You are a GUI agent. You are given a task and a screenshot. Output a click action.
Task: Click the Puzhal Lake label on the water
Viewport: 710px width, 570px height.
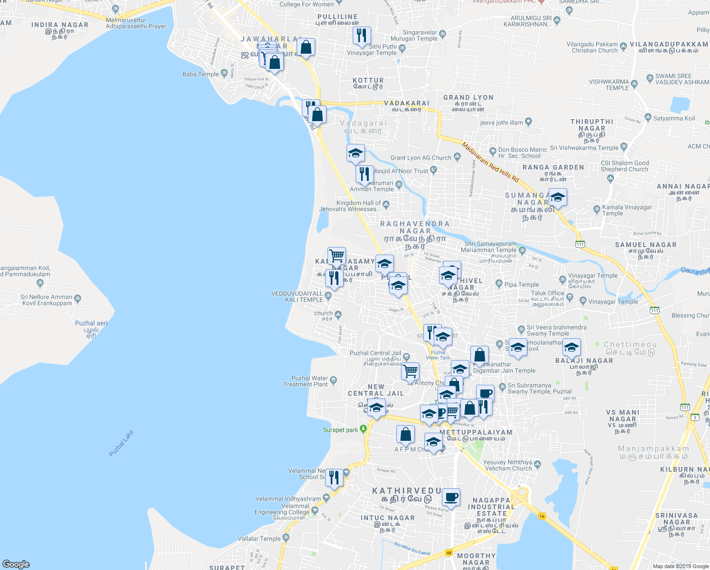(x=121, y=443)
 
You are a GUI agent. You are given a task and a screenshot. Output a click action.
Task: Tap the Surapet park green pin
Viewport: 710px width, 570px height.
(x=364, y=429)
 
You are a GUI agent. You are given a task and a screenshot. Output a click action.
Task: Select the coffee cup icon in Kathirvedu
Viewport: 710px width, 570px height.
(x=451, y=497)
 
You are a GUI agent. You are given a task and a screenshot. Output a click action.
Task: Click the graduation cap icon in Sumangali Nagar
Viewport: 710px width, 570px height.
(x=558, y=197)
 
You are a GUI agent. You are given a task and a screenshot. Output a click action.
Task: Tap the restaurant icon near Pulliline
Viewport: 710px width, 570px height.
(x=362, y=35)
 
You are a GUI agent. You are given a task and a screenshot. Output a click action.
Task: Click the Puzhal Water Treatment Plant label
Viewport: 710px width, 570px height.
(x=306, y=381)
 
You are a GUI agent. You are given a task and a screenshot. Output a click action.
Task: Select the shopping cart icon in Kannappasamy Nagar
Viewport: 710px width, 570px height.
(x=336, y=256)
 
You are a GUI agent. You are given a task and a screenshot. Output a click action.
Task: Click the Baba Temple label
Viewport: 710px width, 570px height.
(x=201, y=74)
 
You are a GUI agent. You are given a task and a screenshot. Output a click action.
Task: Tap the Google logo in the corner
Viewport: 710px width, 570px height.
(x=16, y=564)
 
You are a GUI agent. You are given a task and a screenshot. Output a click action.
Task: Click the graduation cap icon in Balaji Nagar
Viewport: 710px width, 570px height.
(x=572, y=347)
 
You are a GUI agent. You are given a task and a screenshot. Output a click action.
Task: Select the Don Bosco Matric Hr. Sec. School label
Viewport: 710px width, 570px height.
(x=519, y=152)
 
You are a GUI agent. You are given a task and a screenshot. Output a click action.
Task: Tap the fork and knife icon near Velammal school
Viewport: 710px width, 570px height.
(x=334, y=476)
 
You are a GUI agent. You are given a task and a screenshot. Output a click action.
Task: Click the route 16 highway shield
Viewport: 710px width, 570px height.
(x=542, y=516)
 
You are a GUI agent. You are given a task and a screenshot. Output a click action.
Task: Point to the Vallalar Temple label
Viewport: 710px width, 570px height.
(x=259, y=539)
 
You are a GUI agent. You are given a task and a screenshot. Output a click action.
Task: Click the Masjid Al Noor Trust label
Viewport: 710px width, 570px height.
(x=400, y=171)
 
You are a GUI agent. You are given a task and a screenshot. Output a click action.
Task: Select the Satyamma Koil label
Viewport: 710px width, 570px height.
(x=674, y=118)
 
